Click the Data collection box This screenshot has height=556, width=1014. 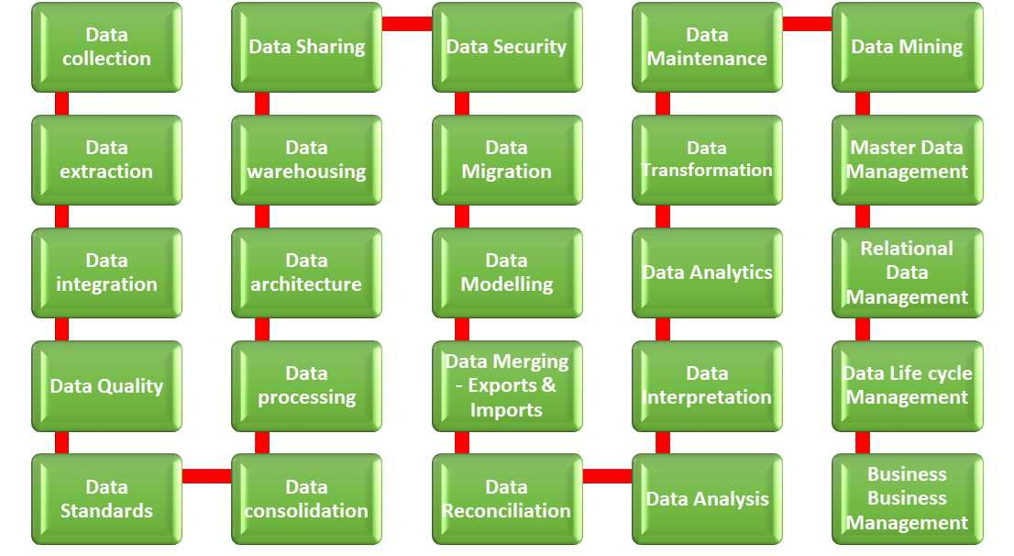click(x=106, y=47)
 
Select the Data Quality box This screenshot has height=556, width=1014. click(x=106, y=386)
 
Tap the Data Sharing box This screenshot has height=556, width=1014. click(x=306, y=47)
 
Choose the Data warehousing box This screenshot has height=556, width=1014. click(x=306, y=160)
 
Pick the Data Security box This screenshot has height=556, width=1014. click(x=506, y=47)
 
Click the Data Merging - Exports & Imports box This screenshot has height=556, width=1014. click(x=506, y=386)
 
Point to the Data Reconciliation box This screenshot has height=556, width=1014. click(x=506, y=499)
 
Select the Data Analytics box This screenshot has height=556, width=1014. click(x=707, y=272)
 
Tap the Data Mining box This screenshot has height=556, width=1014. click(x=907, y=47)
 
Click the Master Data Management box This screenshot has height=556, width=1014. click(x=907, y=160)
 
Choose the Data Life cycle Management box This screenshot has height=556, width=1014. click(x=907, y=386)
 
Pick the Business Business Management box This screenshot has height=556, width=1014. click(x=907, y=499)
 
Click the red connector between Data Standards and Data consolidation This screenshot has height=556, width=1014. click(x=206, y=475)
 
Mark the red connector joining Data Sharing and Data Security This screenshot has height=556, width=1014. click(x=406, y=24)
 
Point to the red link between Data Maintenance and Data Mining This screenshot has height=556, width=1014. click(x=807, y=24)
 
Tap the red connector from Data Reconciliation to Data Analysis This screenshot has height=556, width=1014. click(x=607, y=475)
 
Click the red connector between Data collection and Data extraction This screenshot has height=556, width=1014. click(x=61, y=104)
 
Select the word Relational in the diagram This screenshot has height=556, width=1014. click(x=907, y=249)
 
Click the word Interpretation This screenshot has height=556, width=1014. click(x=707, y=397)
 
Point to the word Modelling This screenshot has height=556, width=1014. click(x=506, y=284)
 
